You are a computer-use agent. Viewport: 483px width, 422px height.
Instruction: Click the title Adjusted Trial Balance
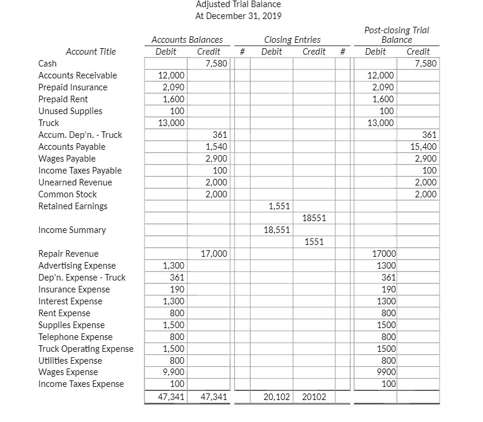tap(238, 4)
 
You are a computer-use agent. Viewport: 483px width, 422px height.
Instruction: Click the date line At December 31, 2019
tap(238, 16)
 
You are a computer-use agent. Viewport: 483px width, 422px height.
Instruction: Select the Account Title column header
tap(91, 52)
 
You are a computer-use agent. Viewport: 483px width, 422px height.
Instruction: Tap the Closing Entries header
tap(292, 40)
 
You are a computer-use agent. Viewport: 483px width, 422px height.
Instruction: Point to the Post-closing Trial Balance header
tap(396, 35)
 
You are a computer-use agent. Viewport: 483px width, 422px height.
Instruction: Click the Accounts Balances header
tap(187, 40)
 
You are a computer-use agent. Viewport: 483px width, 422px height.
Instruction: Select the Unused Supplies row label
tap(70, 111)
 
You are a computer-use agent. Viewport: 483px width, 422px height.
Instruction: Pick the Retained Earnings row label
tap(73, 206)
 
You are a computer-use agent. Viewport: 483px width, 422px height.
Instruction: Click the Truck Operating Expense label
tap(86, 349)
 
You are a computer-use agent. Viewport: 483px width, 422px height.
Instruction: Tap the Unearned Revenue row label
tap(75, 182)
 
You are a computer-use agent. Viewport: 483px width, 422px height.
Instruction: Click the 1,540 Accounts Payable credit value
tap(215, 147)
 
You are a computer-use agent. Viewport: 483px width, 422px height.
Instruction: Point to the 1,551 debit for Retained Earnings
tap(280, 206)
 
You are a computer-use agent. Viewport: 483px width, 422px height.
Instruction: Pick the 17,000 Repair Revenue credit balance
tap(214, 254)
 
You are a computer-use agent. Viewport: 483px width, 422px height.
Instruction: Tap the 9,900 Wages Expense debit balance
tap(173, 373)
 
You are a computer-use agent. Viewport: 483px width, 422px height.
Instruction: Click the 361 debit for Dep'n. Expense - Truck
tap(177, 278)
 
